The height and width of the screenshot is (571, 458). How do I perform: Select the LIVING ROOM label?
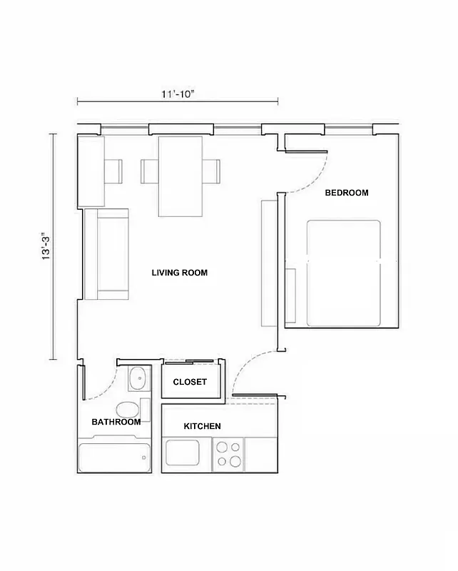coord(180,273)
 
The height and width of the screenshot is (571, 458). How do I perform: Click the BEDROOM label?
coord(347,193)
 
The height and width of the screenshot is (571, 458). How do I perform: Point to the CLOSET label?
coord(190,382)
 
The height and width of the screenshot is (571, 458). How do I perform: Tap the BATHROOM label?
coord(116,422)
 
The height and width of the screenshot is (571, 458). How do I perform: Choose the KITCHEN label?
coord(202,426)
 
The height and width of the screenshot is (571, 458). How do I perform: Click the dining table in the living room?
coord(180,176)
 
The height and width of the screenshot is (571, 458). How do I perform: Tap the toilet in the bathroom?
coord(128,410)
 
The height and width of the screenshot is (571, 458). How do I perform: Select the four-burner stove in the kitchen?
coord(229,453)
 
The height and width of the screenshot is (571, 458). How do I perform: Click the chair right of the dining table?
coord(213,171)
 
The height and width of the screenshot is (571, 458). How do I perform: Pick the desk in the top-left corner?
coord(91,171)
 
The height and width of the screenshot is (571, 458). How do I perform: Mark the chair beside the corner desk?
coord(114,171)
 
